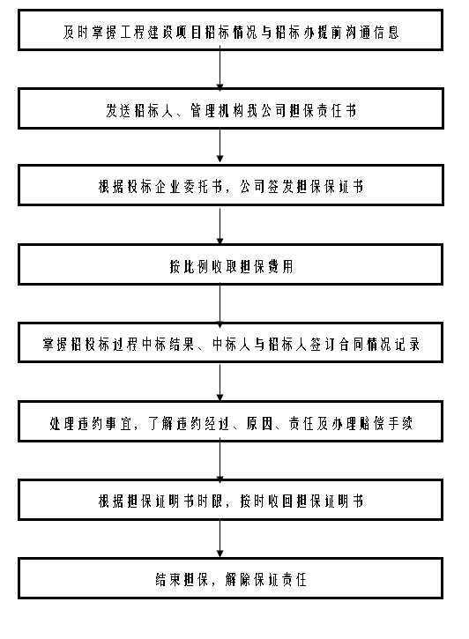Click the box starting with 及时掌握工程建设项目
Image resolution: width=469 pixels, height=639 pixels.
(230, 30)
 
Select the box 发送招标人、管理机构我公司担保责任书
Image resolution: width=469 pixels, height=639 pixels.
(231, 108)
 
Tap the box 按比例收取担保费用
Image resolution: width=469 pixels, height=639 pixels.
(230, 264)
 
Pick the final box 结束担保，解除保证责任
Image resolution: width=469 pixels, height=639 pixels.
(230, 578)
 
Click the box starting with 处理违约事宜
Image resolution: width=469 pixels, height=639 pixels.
(230, 421)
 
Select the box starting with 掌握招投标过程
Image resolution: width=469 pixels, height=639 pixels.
(230, 343)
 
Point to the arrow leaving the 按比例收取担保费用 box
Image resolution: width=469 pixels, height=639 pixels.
(220, 305)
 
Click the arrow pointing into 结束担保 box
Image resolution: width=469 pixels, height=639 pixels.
(220, 539)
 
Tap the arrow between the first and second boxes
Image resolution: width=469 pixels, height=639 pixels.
(220, 69)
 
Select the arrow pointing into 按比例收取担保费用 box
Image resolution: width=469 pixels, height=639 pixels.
(220, 225)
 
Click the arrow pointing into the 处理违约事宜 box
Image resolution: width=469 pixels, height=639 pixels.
(220, 383)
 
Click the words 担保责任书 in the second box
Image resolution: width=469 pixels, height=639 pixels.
(323, 110)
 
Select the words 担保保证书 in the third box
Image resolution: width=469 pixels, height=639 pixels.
(330, 187)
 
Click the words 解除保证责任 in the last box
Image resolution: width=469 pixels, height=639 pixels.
(265, 579)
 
